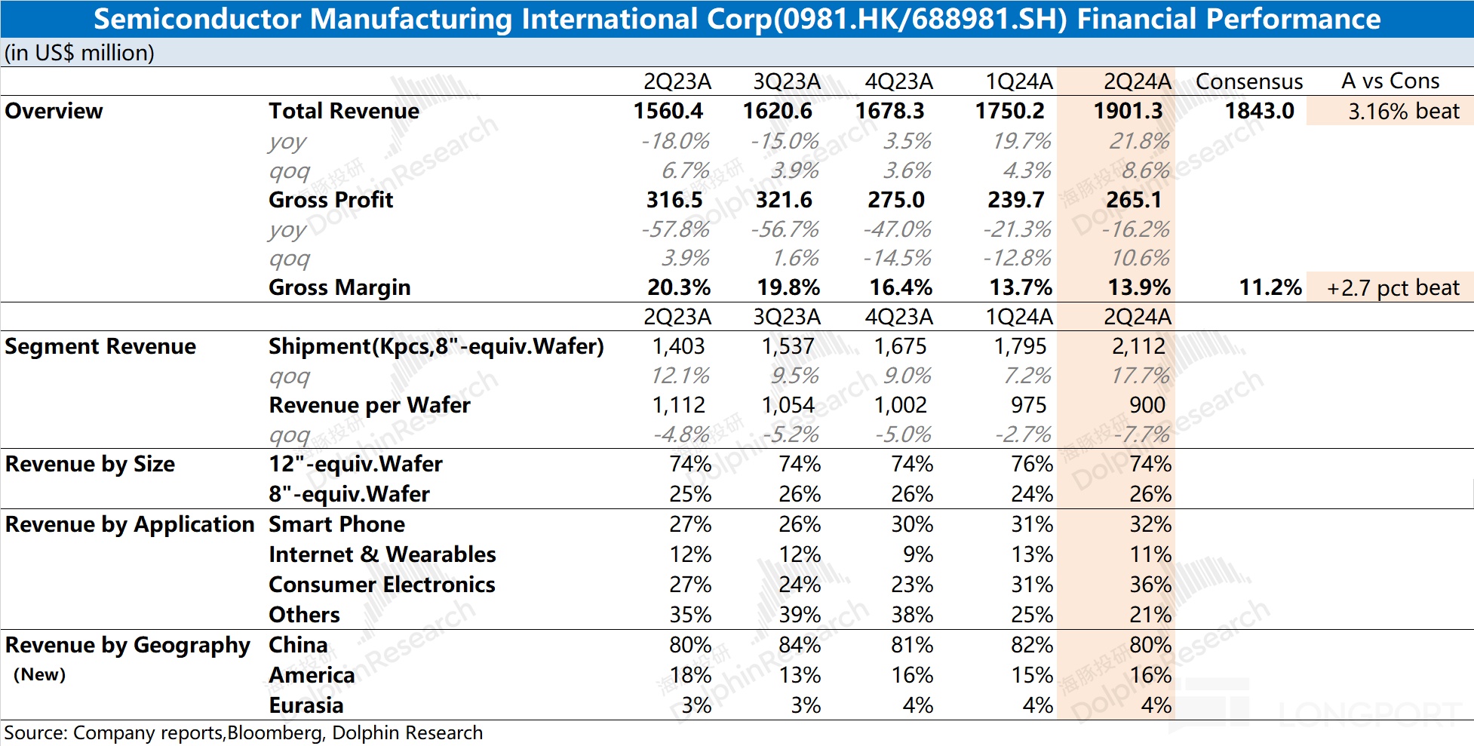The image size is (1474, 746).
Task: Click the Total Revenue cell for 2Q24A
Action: tap(1128, 111)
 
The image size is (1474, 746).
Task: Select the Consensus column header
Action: tap(1249, 81)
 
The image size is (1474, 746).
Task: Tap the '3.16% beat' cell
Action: tap(1404, 111)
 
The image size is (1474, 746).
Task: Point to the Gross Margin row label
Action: tap(339, 287)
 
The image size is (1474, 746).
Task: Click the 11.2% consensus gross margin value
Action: tap(1270, 287)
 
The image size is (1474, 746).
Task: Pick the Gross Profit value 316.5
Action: tap(674, 200)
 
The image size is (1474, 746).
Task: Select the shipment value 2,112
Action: tap(1138, 346)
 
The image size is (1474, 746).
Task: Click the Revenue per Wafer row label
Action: tap(370, 405)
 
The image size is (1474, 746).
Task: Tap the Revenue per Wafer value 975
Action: tap(1028, 405)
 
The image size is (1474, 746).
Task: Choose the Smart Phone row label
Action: tap(336, 524)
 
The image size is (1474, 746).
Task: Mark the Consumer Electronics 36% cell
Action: tap(1150, 585)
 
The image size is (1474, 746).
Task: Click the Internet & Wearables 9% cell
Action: tap(918, 554)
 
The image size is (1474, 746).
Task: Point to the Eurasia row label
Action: tap(306, 705)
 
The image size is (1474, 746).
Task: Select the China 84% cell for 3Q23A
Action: tap(800, 645)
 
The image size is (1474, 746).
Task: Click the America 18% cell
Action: tap(690, 675)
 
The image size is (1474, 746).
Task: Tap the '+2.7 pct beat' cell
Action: tap(1393, 287)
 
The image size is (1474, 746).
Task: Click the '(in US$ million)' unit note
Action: tap(79, 53)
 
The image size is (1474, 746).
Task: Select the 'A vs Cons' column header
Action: tap(1390, 81)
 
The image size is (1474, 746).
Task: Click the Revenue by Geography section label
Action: tap(127, 645)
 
